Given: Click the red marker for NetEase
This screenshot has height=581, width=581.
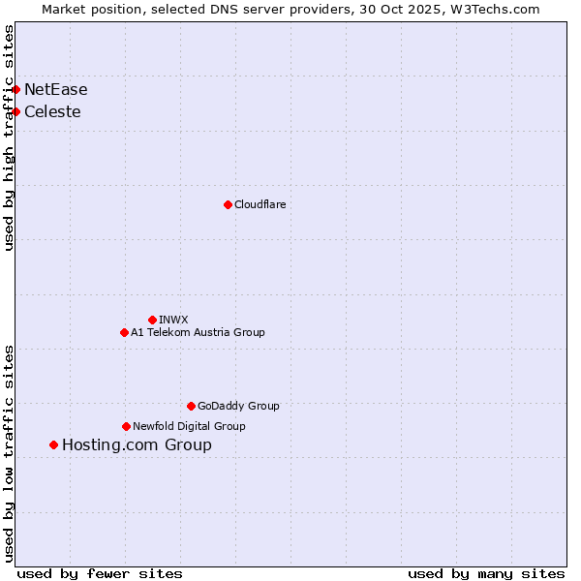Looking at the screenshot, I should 15,89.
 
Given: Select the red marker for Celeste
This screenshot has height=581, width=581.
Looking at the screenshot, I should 15,111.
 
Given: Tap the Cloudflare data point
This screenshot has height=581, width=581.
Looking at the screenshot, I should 228,204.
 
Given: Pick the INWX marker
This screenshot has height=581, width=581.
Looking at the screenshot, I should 152,320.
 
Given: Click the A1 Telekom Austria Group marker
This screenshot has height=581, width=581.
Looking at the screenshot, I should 124,332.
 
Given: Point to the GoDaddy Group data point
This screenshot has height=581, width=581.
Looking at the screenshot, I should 191,406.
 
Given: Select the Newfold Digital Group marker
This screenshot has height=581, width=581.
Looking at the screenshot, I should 126,426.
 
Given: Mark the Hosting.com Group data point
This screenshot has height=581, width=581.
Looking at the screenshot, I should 53,444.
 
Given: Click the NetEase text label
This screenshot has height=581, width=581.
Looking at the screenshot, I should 56,90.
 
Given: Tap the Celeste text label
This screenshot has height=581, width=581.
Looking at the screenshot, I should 52,112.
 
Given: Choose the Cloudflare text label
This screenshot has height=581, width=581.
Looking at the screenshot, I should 260,205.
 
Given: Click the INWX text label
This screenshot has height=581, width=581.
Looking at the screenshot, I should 173,321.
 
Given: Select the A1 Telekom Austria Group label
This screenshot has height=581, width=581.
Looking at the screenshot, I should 198,333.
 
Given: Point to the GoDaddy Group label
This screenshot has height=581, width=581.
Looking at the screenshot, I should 238,407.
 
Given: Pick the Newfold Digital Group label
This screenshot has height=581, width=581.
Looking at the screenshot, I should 189,427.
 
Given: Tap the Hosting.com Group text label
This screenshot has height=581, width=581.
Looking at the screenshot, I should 137,445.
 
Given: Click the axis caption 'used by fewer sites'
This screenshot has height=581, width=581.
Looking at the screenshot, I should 100,573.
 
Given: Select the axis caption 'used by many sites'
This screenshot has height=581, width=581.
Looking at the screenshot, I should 486,573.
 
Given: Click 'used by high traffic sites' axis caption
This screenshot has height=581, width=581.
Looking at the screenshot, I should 10,138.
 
